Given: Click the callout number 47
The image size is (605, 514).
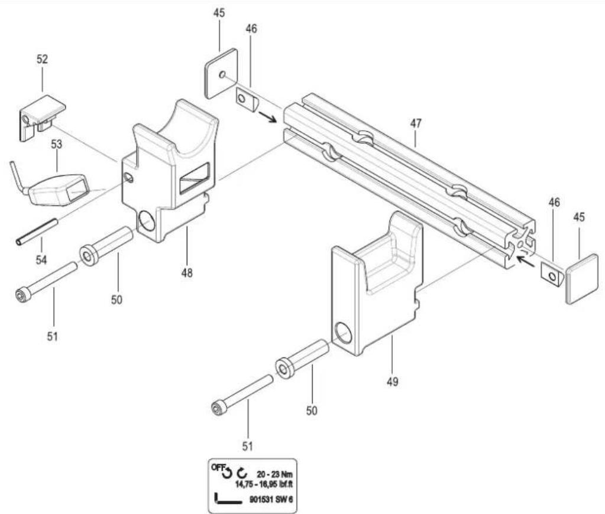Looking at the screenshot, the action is click(415, 124).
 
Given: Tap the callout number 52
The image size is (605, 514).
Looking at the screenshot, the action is click(42, 60).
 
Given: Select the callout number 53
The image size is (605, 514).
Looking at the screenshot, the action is click(56, 145).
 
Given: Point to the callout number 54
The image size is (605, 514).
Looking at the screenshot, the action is click(41, 259).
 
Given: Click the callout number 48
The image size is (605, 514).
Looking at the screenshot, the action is click(187, 273).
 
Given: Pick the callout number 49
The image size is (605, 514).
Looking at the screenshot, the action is click(392, 382).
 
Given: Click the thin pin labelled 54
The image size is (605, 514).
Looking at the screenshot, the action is click(37, 232).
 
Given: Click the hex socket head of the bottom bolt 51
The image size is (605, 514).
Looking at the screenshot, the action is click(218, 409).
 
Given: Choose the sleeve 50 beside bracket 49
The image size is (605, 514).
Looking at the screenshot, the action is click(302, 359).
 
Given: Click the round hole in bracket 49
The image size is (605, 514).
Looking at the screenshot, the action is click(343, 333).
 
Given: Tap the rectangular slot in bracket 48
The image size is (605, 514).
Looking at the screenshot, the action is click(195, 178).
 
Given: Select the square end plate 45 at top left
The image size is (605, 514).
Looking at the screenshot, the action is click(221, 73).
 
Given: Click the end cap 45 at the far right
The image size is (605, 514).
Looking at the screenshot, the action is click(583, 279).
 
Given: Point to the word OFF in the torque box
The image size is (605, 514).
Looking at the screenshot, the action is click(218, 467).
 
